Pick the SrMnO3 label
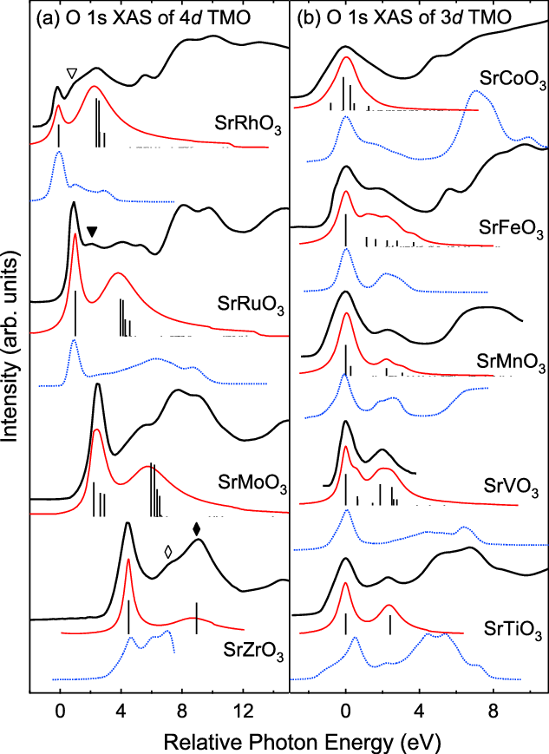pos(511,362)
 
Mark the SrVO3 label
pos(513,486)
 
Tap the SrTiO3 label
pos(513,627)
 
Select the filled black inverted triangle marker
pos(92,231)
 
